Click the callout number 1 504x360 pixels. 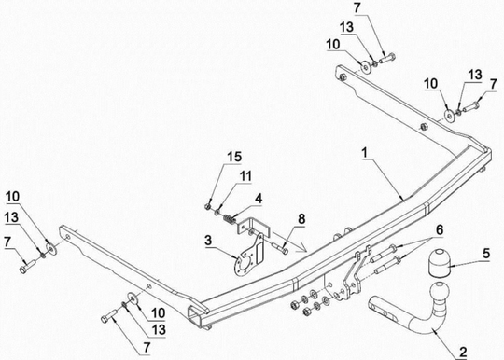pyautogui.click(x=364, y=153)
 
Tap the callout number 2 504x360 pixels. pyautogui.click(x=463, y=352)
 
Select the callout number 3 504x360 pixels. pyautogui.click(x=209, y=241)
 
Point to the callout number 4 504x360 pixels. pyautogui.click(x=259, y=199)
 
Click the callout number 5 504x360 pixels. pyautogui.click(x=485, y=253)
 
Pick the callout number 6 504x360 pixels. pyautogui.click(x=439, y=230)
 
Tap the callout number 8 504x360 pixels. pyautogui.click(x=301, y=219)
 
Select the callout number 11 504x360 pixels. pyautogui.click(x=245, y=176)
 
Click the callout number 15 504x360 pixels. pyautogui.click(x=234, y=157)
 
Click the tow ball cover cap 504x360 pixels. pyautogui.click(x=439, y=262)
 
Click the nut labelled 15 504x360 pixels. pyautogui.click(x=208, y=207)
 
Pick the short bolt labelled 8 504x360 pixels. pyautogui.click(x=281, y=248)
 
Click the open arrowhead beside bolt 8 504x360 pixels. pyautogui.click(x=302, y=248)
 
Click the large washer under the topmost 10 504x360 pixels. pyautogui.click(x=365, y=68)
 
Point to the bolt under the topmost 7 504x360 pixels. pyautogui.click(x=387, y=59)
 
